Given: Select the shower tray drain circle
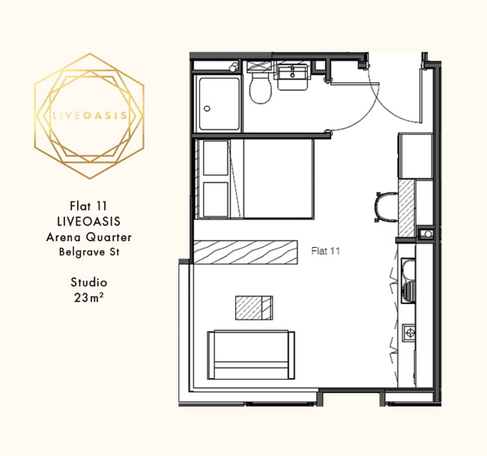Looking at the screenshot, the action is (207, 108).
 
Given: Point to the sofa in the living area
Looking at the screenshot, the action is (251, 355).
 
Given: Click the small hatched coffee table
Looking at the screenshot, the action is (254, 308).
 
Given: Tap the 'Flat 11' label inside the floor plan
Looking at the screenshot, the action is (325, 251).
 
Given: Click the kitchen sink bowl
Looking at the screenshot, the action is (409, 268).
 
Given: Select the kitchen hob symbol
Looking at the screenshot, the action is (409, 333).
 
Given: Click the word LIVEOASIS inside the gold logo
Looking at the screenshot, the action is (89, 116).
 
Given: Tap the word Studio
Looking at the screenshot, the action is (89, 282).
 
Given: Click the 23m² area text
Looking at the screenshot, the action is (88, 298).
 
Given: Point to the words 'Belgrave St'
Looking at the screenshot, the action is (89, 252).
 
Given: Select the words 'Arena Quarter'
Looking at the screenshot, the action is (89, 237).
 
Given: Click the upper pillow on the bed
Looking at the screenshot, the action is (215, 158).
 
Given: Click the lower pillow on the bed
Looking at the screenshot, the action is (215, 199).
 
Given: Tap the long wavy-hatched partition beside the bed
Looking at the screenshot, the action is (245, 252).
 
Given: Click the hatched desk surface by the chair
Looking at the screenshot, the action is (407, 208).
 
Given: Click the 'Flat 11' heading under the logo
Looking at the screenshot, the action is (88, 206).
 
